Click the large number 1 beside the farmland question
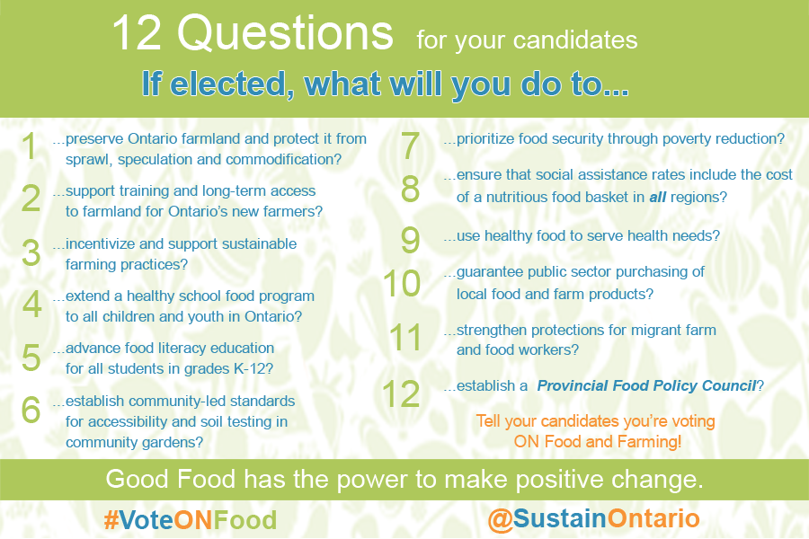(x=30, y=146)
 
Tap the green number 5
(x=31, y=358)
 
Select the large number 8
(x=410, y=189)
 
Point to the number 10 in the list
(x=402, y=284)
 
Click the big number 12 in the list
(x=401, y=394)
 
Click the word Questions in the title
(x=285, y=33)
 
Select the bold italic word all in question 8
(x=657, y=197)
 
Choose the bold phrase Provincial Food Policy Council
(x=647, y=385)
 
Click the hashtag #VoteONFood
(x=191, y=520)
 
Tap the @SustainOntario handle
(x=594, y=518)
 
